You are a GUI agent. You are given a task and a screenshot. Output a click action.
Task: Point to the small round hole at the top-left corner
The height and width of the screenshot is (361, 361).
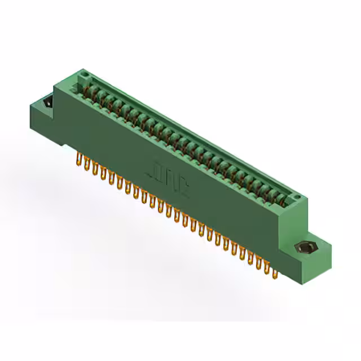point(84,73)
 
